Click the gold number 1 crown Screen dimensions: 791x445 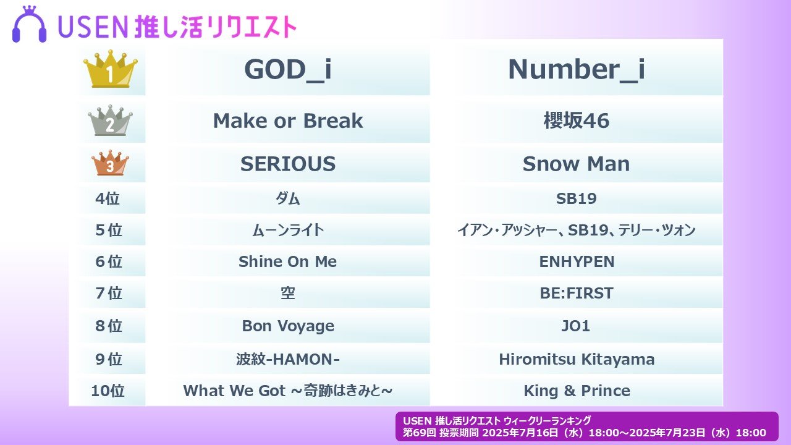(x=110, y=69)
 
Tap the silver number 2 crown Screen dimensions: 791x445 (x=110, y=121)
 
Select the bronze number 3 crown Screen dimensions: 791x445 (x=110, y=163)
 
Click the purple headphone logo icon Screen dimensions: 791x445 (x=29, y=24)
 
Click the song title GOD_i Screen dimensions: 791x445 (x=288, y=70)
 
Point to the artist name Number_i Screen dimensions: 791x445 (x=577, y=70)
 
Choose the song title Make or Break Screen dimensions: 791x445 (x=288, y=121)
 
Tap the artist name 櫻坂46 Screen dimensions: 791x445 (x=577, y=121)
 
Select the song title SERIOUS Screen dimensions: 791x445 (x=288, y=164)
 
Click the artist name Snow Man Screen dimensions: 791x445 (x=577, y=164)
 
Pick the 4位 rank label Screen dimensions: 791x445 (x=108, y=198)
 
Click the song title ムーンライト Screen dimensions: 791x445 (x=288, y=231)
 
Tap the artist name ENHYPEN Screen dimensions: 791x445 (x=577, y=261)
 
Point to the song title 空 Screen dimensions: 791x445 (x=288, y=293)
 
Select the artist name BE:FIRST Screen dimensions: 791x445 (x=577, y=293)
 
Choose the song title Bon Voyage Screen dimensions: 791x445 (x=288, y=326)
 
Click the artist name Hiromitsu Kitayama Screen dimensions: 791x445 (x=577, y=359)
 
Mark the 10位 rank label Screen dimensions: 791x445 (x=108, y=391)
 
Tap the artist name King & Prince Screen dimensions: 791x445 (x=577, y=391)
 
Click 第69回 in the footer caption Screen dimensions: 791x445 (x=419, y=433)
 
